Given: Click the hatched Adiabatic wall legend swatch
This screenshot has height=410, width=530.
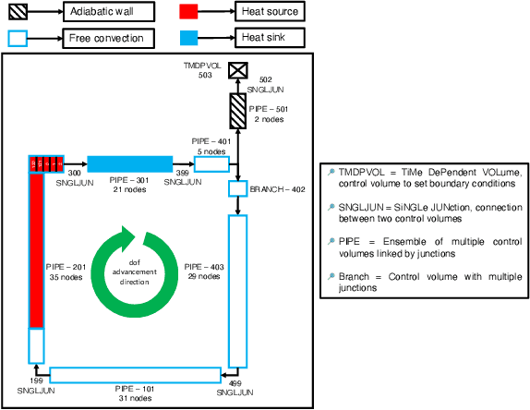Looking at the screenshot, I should (18, 12).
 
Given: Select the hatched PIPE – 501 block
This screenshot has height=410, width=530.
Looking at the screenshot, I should (238, 111).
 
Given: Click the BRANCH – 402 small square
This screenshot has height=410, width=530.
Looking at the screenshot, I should (238, 188).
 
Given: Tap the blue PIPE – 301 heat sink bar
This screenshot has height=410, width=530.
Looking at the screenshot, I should (129, 164).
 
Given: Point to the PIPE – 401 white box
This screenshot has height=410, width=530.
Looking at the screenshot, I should (211, 164).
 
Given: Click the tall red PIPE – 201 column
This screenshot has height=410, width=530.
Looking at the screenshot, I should (36, 249).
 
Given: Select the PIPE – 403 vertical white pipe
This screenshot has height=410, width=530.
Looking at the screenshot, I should (238, 289).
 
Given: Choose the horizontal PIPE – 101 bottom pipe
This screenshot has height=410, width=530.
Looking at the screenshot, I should (133, 375).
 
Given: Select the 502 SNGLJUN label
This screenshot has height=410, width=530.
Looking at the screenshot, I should (265, 85).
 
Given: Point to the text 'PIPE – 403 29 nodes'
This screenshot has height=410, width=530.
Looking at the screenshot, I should (204, 271).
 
